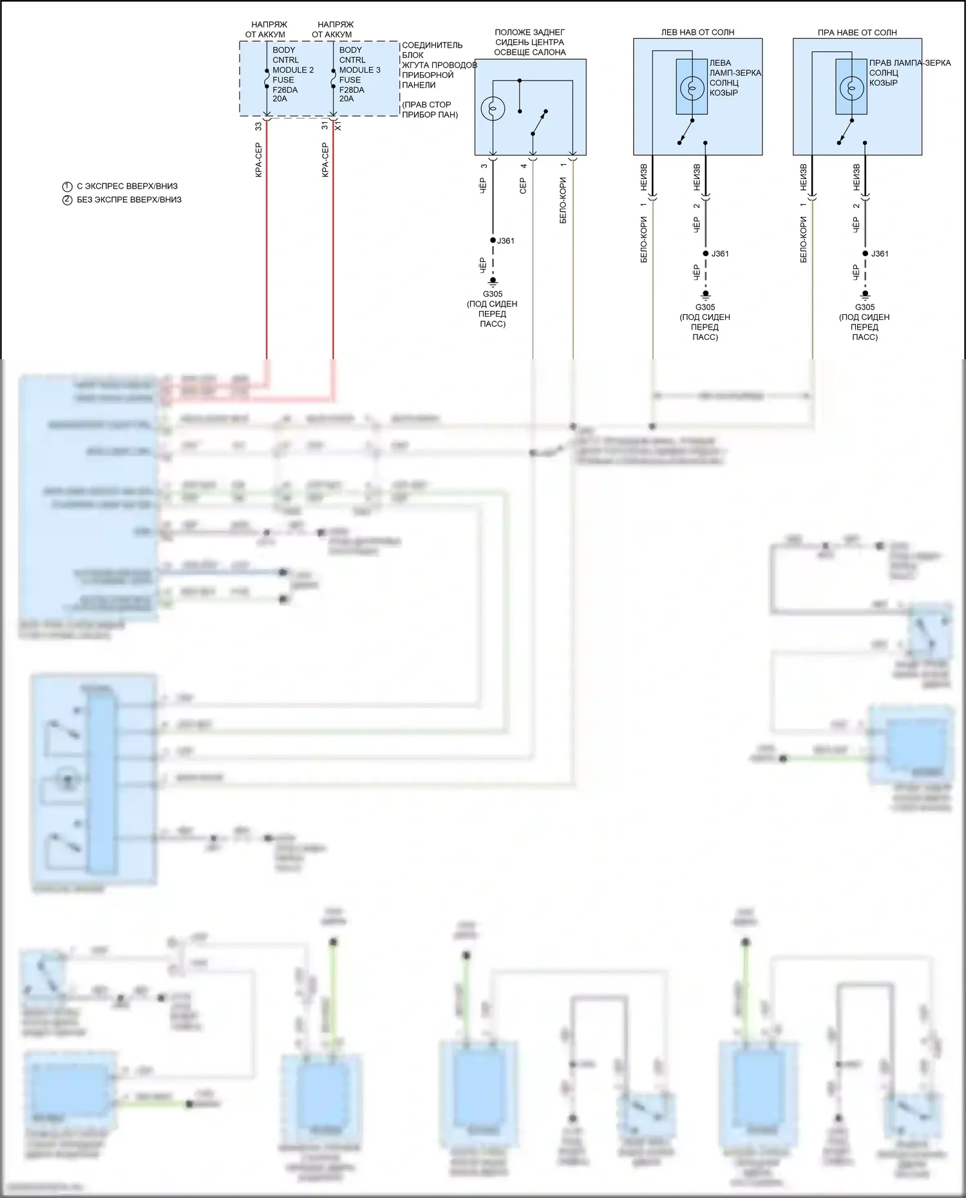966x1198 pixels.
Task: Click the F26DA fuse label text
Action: click(x=286, y=89)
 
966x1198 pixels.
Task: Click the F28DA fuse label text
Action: click(x=352, y=89)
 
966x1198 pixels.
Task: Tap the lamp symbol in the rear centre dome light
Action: click(x=493, y=109)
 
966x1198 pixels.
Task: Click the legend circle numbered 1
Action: click(x=67, y=186)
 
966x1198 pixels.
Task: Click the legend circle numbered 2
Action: click(x=67, y=200)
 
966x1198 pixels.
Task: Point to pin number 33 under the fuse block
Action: click(x=258, y=127)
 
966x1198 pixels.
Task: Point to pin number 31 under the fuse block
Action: click(x=325, y=127)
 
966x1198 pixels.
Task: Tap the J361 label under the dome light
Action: click(x=506, y=241)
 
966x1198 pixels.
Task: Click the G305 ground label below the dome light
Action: click(x=493, y=294)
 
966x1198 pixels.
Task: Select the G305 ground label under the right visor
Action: click(x=865, y=307)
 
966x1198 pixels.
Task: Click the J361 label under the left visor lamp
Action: click(x=720, y=254)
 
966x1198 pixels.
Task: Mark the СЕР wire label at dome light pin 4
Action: click(x=523, y=186)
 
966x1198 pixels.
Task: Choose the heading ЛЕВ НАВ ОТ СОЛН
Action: click(x=697, y=32)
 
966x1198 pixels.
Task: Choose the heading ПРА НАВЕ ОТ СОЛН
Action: click(x=857, y=32)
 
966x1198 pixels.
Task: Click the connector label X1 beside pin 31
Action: click(x=338, y=127)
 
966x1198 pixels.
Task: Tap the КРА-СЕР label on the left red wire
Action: click(x=258, y=160)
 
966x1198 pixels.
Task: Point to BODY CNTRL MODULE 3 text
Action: click(x=359, y=60)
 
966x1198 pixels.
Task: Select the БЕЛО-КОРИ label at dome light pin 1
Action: click(x=563, y=200)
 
